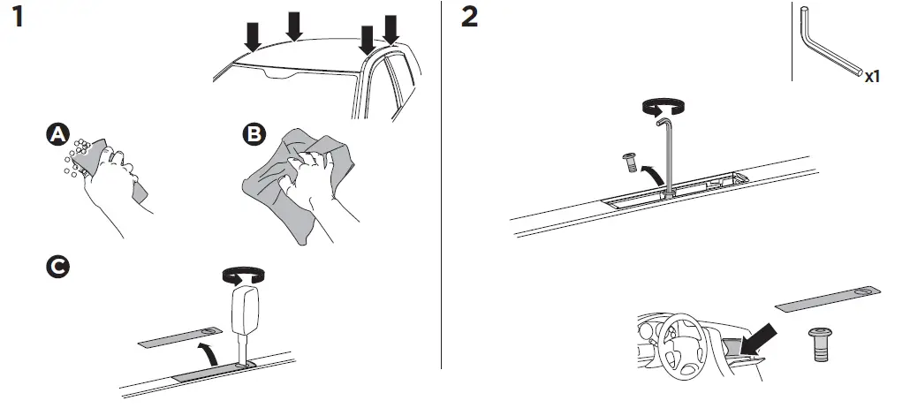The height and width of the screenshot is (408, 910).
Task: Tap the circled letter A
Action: [x=57, y=134]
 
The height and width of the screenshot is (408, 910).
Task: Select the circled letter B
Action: [x=253, y=134]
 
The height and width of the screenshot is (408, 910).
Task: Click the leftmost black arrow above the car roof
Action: [x=254, y=35]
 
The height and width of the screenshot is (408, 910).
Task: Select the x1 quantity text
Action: [x=872, y=77]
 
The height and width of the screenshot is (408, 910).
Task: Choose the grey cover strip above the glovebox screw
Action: [x=828, y=299]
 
